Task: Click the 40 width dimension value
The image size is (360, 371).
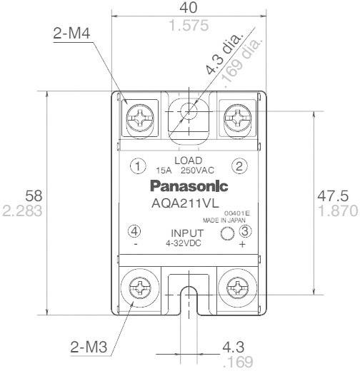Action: [189, 10]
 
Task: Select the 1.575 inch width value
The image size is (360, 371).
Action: [189, 26]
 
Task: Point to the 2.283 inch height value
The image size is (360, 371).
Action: [22, 211]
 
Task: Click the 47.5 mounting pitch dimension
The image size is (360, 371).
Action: [334, 195]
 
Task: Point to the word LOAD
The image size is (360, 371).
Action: [188, 160]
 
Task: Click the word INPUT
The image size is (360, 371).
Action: [188, 233]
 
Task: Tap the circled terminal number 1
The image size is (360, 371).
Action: [136, 166]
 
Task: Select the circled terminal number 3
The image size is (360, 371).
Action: [245, 231]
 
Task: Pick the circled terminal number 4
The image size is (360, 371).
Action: [135, 231]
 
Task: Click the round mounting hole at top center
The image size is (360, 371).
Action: [189, 111]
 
